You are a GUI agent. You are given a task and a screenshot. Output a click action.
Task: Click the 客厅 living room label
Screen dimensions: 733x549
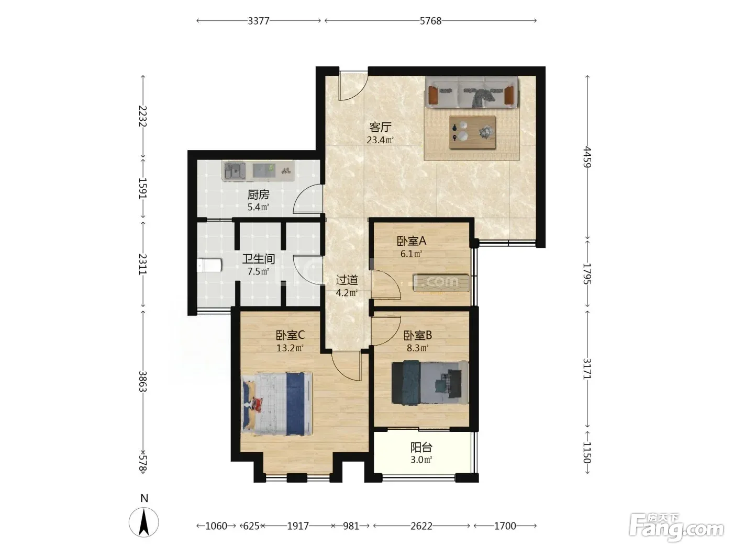[380, 127]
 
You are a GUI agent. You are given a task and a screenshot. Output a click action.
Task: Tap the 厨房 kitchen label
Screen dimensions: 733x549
[258, 195]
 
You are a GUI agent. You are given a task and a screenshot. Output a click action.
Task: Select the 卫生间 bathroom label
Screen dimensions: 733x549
[259, 259]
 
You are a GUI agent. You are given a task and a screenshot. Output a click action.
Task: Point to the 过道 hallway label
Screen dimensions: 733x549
[347, 280]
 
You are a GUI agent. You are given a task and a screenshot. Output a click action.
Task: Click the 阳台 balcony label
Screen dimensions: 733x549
[421, 447]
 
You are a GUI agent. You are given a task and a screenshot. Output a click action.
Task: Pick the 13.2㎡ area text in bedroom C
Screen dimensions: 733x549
[290, 348]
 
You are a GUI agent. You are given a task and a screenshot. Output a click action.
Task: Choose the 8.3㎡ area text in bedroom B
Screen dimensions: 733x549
[417, 348]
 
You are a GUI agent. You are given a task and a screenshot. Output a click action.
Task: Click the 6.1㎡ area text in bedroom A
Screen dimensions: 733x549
[411, 254]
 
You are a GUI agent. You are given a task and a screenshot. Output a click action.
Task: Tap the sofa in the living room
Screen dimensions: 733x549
[471, 92]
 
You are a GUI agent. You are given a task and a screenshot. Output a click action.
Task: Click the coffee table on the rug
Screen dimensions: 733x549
[472, 132]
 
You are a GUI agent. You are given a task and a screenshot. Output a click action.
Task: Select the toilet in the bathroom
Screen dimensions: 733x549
[209, 265]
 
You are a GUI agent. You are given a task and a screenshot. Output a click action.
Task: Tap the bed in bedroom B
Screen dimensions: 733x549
[430, 382]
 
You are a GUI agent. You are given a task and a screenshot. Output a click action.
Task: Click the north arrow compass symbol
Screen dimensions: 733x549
[144, 522]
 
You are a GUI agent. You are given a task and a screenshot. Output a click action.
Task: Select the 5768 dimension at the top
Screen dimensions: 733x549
[430, 21]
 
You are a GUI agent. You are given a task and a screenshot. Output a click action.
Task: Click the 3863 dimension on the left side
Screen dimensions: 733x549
[143, 381]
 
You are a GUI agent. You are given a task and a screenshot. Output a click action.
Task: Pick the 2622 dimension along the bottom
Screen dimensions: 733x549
[421, 526]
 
